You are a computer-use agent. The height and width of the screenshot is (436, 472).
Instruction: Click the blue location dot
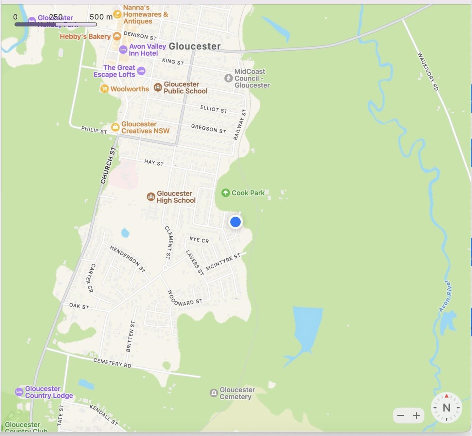coord(235,222)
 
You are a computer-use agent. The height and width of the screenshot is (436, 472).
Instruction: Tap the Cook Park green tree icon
coord(225,193)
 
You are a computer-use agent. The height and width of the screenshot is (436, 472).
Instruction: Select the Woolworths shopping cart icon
coord(104,89)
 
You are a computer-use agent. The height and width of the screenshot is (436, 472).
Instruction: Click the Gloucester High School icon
coord(151,197)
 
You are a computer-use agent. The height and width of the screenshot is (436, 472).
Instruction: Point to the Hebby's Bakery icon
coord(117,36)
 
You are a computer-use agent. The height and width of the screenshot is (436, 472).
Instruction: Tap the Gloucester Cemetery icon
coord(214,393)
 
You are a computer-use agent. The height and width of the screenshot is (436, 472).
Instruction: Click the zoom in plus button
coord(416,416)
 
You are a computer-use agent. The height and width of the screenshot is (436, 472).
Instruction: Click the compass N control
coord(446,408)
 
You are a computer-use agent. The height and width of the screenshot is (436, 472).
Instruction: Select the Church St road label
coord(108,165)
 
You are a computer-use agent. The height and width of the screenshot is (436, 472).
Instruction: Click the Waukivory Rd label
coord(428,71)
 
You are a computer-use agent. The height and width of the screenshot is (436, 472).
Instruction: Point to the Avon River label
coord(445,296)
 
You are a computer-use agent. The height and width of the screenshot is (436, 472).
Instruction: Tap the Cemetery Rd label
coord(112,363)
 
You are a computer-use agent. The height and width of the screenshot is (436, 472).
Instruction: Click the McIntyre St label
coord(223,262)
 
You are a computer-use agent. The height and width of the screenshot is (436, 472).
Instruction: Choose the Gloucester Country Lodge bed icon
coord(19,392)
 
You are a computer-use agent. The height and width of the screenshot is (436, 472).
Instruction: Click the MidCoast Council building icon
coord(229,78)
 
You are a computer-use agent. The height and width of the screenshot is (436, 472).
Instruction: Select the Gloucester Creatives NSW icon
coord(115,127)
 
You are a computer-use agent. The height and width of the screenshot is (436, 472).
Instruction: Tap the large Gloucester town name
coord(195,46)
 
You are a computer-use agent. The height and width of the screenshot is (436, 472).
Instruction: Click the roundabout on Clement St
coord(165,268)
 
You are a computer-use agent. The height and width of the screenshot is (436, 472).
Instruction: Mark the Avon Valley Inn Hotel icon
coord(123,50)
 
